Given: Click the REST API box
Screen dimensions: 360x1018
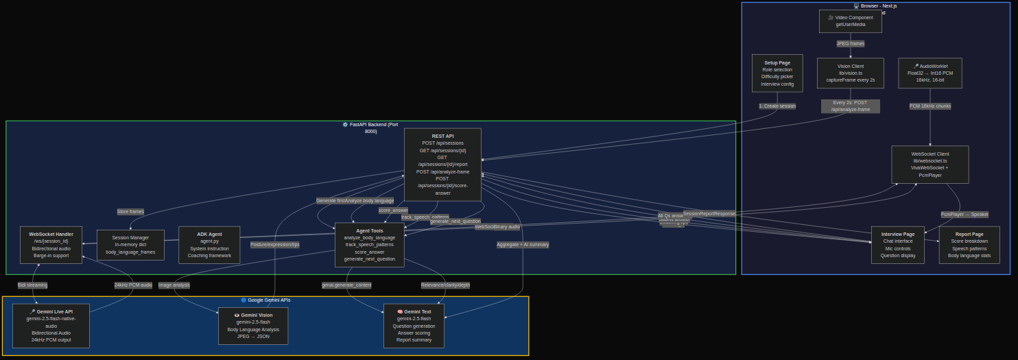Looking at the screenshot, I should pyautogui.click(x=442, y=165).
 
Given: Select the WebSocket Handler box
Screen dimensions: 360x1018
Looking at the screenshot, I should pyautogui.click(x=51, y=245).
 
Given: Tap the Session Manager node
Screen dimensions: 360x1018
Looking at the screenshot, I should pyautogui.click(x=130, y=245).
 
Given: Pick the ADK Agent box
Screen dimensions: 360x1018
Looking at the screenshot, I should pyautogui.click(x=209, y=245).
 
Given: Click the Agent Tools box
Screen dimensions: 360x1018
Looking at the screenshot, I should pyautogui.click(x=369, y=245).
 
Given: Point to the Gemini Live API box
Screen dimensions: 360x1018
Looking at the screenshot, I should pyautogui.click(x=51, y=326).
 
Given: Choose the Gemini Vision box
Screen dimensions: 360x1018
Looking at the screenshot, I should pyautogui.click(x=253, y=326).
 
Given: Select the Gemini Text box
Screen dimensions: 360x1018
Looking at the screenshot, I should pyautogui.click(x=414, y=326).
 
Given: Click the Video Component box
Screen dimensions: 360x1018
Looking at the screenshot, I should pyautogui.click(x=850, y=21).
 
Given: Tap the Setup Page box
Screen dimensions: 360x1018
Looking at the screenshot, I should pyautogui.click(x=777, y=73).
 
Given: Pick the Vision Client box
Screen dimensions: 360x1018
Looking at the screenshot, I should pyautogui.click(x=850, y=73).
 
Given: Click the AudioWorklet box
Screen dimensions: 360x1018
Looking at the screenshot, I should pyautogui.click(x=930, y=73).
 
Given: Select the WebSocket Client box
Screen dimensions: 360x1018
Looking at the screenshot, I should pyautogui.click(x=930, y=165).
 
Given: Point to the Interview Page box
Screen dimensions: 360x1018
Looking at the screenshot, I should pyautogui.click(x=897, y=245).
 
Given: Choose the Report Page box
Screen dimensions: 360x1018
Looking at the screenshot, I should pyautogui.click(x=969, y=245).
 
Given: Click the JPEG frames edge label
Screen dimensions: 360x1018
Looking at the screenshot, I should pyautogui.click(x=850, y=44).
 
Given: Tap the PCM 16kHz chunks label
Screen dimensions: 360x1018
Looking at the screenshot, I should pyautogui.click(x=930, y=106).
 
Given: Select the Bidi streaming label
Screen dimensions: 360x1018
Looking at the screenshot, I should pyautogui.click(x=32, y=285).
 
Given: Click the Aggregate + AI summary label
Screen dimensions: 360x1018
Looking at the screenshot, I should pyautogui.click(x=523, y=245).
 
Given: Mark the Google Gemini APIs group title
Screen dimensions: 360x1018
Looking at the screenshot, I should pyautogui.click(x=265, y=300).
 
